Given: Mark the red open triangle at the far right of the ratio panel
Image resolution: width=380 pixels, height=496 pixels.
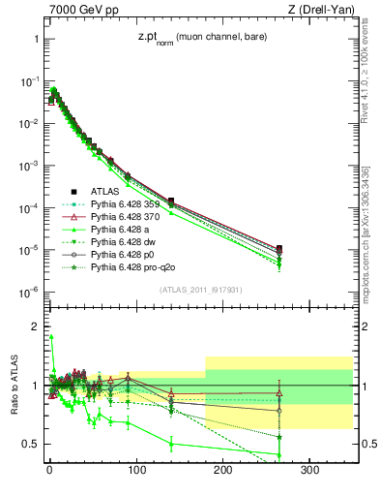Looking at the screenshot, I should (x=279, y=392).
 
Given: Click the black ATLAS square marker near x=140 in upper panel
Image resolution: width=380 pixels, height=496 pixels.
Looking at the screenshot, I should (x=171, y=201).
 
